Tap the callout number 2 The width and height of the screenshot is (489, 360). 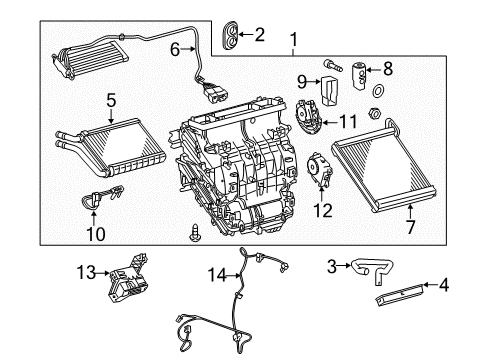pyautogui.click(x=259, y=34)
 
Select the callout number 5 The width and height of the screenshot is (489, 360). pyautogui.click(x=112, y=100)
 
